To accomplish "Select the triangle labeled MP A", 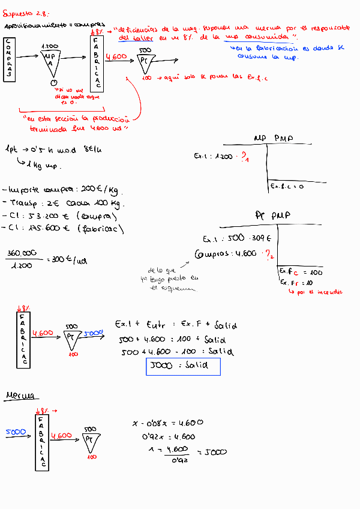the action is pos(50,60).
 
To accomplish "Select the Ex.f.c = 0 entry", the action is pos(287,187).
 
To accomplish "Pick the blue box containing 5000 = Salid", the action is pos(184,367).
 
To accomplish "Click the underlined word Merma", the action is pos(20,396).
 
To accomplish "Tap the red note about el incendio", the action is pos(316,292).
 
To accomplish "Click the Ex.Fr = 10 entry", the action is pos(296,282).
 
